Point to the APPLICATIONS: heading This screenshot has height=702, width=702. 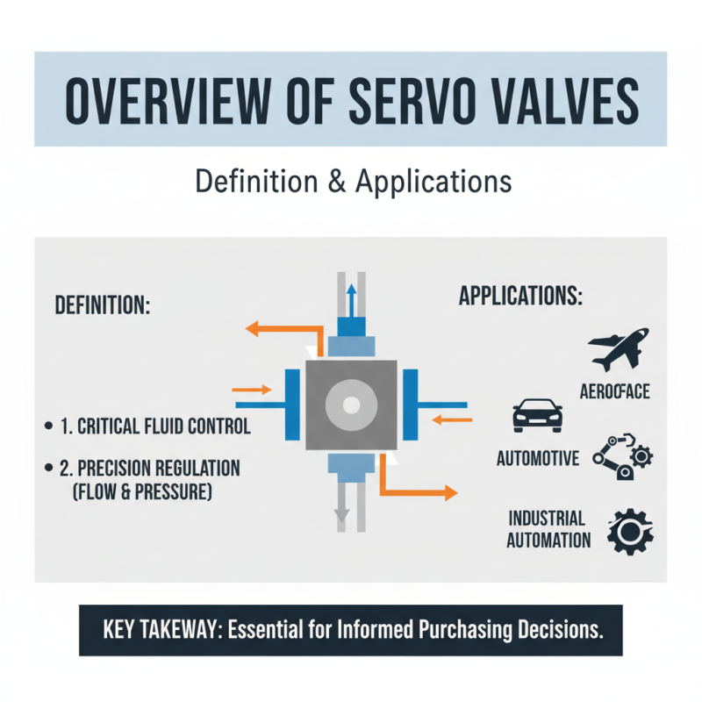tap(520, 296)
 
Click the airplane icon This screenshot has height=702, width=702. tap(620, 348)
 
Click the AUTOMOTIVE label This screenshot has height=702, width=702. tap(538, 458)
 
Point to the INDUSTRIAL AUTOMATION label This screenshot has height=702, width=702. tap(548, 529)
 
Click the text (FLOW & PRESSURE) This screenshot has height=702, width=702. tap(140, 492)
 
